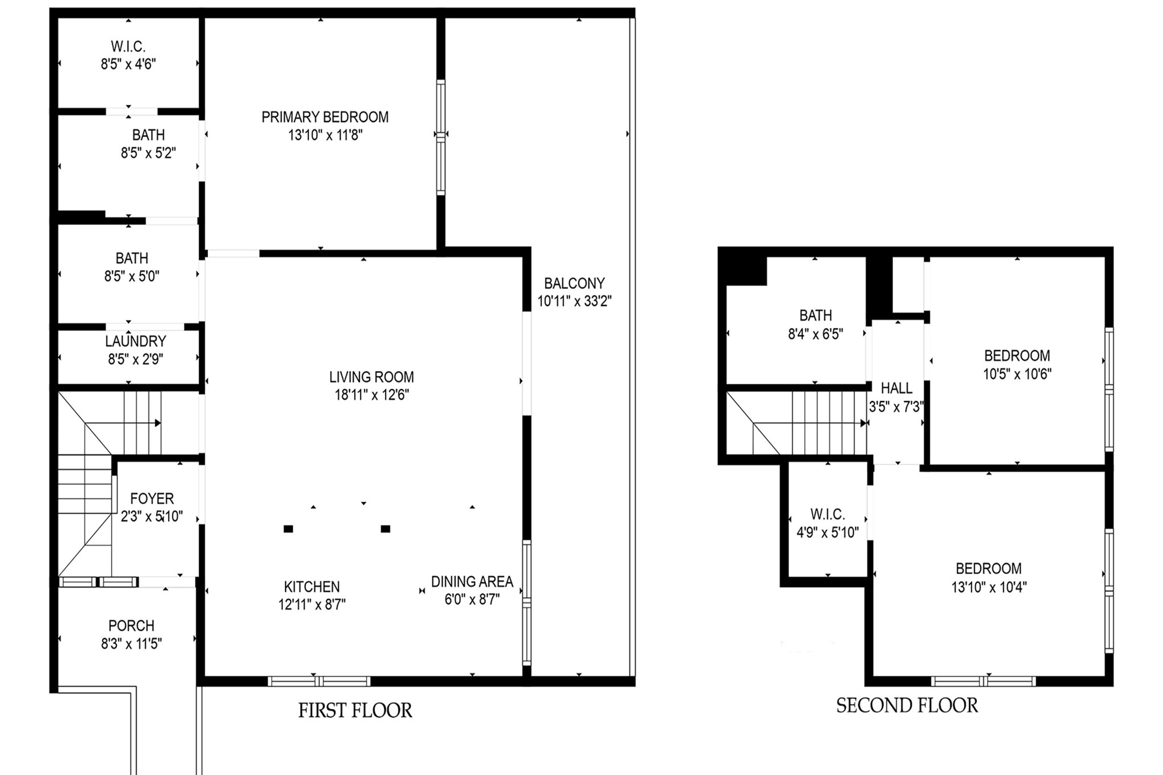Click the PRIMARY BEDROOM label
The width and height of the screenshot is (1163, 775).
coord(324,117)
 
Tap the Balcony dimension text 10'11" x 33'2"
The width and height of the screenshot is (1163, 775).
coord(574,301)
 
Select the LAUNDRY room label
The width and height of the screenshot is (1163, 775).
coord(135,341)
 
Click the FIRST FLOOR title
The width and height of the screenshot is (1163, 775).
coord(355,710)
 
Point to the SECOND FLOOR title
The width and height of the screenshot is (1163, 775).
coord(907,705)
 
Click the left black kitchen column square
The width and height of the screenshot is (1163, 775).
coord(288,529)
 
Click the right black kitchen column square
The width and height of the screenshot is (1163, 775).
coord(386,529)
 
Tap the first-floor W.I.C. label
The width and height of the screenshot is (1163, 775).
coord(128,46)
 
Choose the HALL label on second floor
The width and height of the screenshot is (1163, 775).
coord(896,388)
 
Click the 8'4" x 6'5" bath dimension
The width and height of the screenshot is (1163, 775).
coord(815,334)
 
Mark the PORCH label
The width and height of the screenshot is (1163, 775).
coord(131,625)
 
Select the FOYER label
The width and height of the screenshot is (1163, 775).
coord(152,499)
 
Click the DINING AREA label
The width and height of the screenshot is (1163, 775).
coord(472,581)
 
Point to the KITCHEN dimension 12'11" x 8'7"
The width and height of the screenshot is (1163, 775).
coord(312,604)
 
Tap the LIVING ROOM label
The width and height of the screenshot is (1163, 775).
coord(371,377)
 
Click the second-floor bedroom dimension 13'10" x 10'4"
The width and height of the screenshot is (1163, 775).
coord(989,587)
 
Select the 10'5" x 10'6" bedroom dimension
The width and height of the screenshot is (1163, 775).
coord(1017,374)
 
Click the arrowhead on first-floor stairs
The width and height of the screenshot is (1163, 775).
coord(158,423)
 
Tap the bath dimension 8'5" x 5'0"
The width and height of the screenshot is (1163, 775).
coord(131,276)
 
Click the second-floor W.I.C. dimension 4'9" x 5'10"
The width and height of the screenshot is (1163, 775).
coord(828,533)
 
